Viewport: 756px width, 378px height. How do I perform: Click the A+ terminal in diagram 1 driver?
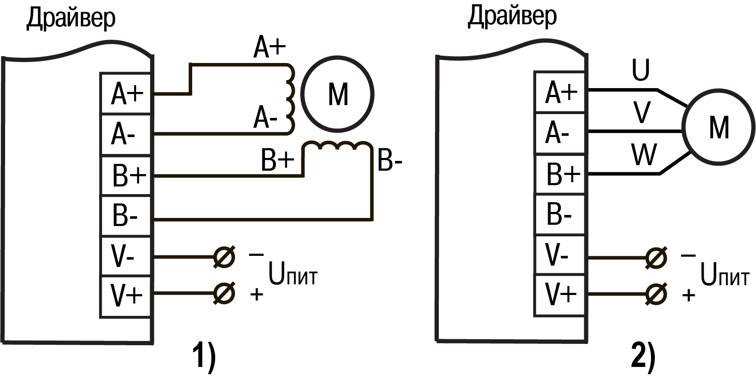pos(126,94)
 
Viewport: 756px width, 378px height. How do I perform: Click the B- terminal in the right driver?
pos(560,215)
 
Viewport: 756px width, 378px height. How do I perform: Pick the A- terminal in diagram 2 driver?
pos(560,133)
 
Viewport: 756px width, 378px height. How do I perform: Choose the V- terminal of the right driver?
pos(560,255)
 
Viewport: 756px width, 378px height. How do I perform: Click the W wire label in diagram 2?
pos(644,155)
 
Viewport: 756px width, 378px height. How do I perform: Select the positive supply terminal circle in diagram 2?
pos(657,294)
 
